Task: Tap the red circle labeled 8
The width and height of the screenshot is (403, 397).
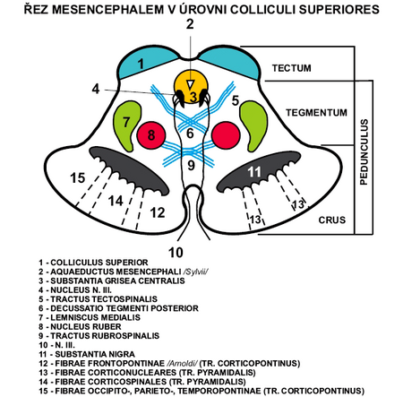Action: click(152, 135)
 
